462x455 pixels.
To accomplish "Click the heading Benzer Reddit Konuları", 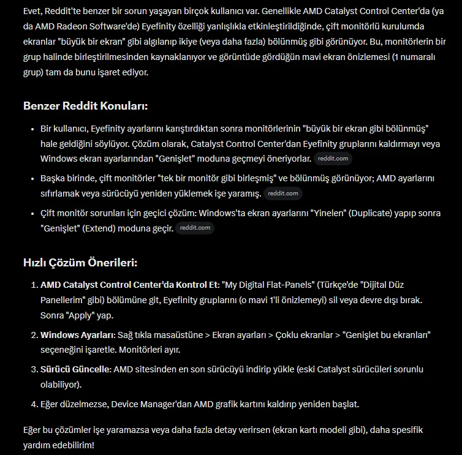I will coord(85,106).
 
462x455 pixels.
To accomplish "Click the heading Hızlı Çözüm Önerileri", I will coord(80,263).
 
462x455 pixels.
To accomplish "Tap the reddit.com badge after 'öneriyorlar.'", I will coord(333,159).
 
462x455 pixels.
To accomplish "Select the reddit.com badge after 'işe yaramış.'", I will coord(283,194).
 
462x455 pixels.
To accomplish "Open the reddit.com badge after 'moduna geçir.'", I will coord(195,228).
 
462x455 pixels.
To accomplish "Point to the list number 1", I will coord(34,285).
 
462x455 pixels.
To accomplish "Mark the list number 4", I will coord(34,404).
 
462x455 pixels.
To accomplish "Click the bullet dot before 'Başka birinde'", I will coord(33,178).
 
